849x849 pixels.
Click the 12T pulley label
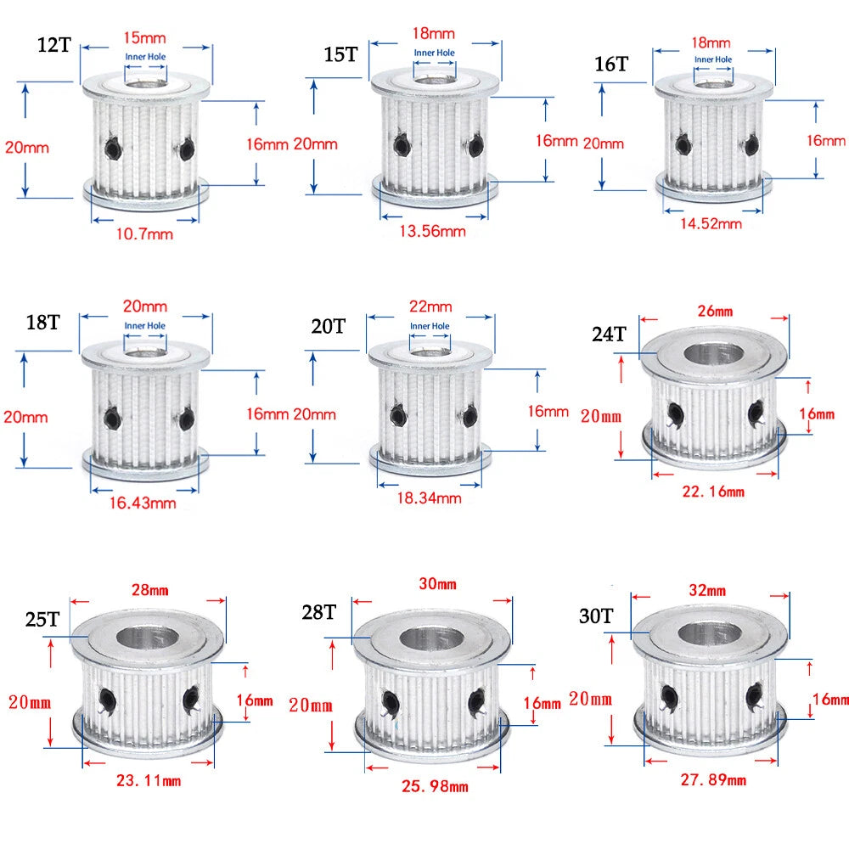[x=54, y=45]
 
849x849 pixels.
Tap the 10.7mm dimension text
[x=144, y=234]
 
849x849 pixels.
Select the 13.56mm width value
[x=433, y=231]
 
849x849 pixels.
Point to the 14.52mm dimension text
[x=711, y=223]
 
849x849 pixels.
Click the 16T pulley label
[x=611, y=64]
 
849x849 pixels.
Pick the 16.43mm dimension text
[x=143, y=503]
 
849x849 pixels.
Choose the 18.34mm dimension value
[x=430, y=498]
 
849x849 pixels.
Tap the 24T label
[x=609, y=334]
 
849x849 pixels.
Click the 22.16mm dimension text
[x=713, y=492]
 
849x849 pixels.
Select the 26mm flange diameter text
[x=715, y=311]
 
